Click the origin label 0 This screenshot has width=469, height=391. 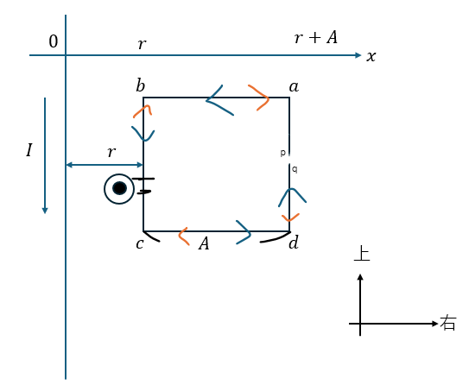click(54, 41)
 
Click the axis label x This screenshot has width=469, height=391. click(371, 56)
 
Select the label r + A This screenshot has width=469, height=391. click(316, 38)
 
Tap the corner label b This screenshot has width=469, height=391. click(140, 85)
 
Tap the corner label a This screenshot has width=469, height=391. click(294, 87)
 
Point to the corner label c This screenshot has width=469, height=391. click(140, 244)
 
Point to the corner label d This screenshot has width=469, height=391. click(294, 243)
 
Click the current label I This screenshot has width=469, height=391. click(29, 150)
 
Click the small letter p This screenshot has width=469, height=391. click(282, 153)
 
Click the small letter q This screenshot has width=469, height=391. click(295, 169)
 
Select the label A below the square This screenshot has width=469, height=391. click(204, 243)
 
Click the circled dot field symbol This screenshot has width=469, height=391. click(119, 189)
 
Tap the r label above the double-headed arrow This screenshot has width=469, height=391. click(111, 152)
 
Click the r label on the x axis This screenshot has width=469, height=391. click(142, 44)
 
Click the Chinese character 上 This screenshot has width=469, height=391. click(362, 254)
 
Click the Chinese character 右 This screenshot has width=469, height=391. click(448, 323)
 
